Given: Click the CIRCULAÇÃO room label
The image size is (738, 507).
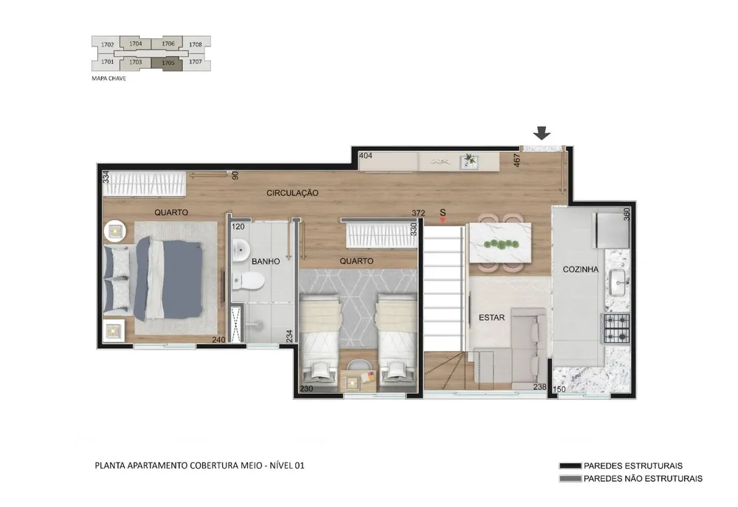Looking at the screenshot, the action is coord(292,193).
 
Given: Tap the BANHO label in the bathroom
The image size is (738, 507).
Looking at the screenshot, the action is coord(266,261).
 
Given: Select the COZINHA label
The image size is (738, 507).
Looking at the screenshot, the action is coord(580,269).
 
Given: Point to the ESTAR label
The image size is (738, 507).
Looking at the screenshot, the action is coord(492,318).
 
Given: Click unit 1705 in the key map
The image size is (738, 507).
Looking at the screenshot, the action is coord(168,63).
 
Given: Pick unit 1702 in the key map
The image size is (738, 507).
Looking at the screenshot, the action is coord(107,45).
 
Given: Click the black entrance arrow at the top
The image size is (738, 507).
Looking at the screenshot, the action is coord(542,134).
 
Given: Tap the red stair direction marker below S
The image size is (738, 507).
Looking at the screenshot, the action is coord(442,220).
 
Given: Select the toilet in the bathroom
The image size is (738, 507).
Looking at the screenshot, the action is coord(248,281).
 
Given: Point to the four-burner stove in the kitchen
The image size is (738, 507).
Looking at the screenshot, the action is coord(617,328).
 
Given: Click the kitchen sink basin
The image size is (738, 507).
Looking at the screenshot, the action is coord(618,283).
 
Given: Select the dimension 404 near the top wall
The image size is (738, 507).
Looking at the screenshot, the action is coord(365,156).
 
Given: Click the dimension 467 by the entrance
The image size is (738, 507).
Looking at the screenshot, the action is coord(517,160).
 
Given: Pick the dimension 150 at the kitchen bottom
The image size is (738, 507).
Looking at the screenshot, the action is coord(559,390).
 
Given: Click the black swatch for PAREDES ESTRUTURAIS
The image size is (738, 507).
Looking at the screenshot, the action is coord(570,466).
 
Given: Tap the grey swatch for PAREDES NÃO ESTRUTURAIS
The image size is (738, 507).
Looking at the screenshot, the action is coord(570,479).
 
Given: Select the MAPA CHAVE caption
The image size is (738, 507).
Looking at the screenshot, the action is coord(108,79).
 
